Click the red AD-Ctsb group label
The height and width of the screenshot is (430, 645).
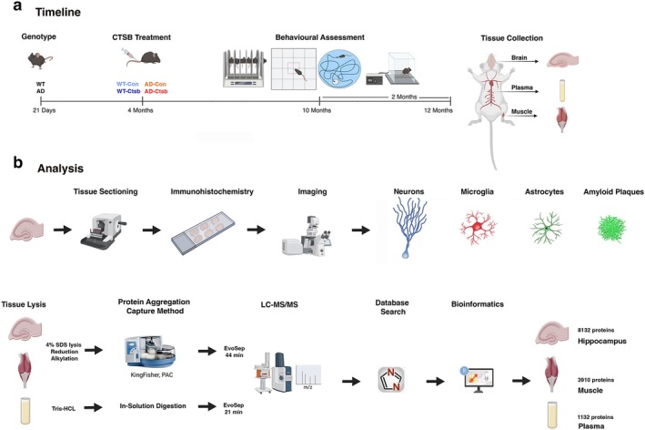(156, 91)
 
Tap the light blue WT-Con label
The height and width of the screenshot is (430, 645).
(127, 84)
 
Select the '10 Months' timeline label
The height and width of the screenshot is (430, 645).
(317, 110)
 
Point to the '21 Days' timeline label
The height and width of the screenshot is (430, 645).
(44, 110)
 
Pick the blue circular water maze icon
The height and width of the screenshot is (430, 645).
(339, 69)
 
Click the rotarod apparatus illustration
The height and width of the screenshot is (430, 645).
(244, 68)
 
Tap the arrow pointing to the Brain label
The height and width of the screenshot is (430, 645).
(519, 62)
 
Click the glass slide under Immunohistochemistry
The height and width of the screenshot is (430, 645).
(203, 232)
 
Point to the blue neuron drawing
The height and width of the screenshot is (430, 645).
(408, 228)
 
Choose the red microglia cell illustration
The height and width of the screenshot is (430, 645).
(478, 228)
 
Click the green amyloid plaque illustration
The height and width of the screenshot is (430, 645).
(611, 228)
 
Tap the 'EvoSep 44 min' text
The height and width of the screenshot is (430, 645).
(234, 352)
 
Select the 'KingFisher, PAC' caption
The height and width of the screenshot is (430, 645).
(152, 375)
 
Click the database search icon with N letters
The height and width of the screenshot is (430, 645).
(391, 380)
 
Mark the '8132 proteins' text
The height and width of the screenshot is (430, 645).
(596, 331)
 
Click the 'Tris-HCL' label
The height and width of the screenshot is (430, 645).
(64, 408)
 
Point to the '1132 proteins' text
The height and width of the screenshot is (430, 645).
(595, 417)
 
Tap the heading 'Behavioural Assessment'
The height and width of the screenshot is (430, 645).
(319, 37)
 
